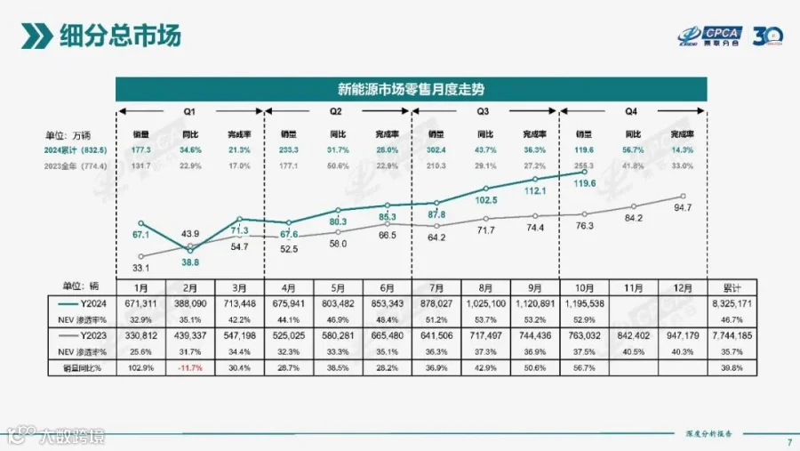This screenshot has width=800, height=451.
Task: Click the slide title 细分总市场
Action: pyautogui.click(x=119, y=36)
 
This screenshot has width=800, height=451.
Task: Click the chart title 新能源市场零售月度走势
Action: pyautogui.click(x=412, y=89)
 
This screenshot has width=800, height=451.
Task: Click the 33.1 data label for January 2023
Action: pyautogui.click(x=140, y=267)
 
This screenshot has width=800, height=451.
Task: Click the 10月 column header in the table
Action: pyautogui.click(x=584, y=287)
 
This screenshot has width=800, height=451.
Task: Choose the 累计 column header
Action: pyautogui.click(x=733, y=287)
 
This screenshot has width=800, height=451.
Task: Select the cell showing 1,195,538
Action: pyautogui.click(x=584, y=302)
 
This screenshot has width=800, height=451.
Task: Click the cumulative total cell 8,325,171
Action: pyautogui.click(x=733, y=302)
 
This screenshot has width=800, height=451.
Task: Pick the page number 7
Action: pyautogui.click(x=789, y=444)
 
